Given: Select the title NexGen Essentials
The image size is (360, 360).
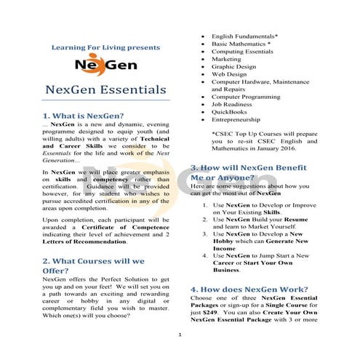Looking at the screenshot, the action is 105,90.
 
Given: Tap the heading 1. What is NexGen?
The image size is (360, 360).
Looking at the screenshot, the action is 84,116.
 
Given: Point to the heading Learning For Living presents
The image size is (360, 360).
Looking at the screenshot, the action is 105,47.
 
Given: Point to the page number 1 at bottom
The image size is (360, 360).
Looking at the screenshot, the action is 179,335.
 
